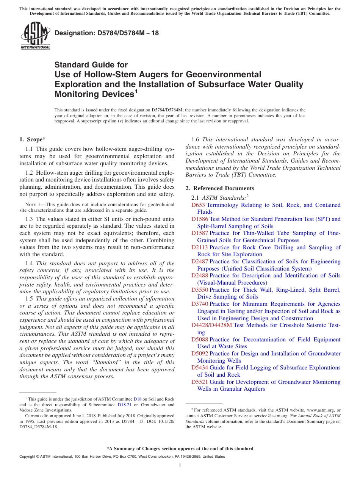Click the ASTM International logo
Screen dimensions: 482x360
pos(35,36)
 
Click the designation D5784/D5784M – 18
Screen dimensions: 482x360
pos(107,33)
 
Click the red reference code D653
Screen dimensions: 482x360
pos(198,205)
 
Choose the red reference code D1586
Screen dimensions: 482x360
pos(199,219)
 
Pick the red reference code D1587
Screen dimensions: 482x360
pos(199,233)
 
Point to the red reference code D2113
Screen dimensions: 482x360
pos(199,247)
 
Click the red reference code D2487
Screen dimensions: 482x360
pos(199,261)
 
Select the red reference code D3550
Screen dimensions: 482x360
pos(199,290)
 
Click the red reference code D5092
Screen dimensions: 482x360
pos(199,354)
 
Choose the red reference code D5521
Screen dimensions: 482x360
pos(199,382)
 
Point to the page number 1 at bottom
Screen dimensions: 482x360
pos(180,466)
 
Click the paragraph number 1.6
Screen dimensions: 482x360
pos(196,139)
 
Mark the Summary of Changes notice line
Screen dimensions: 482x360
pos(180,449)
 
